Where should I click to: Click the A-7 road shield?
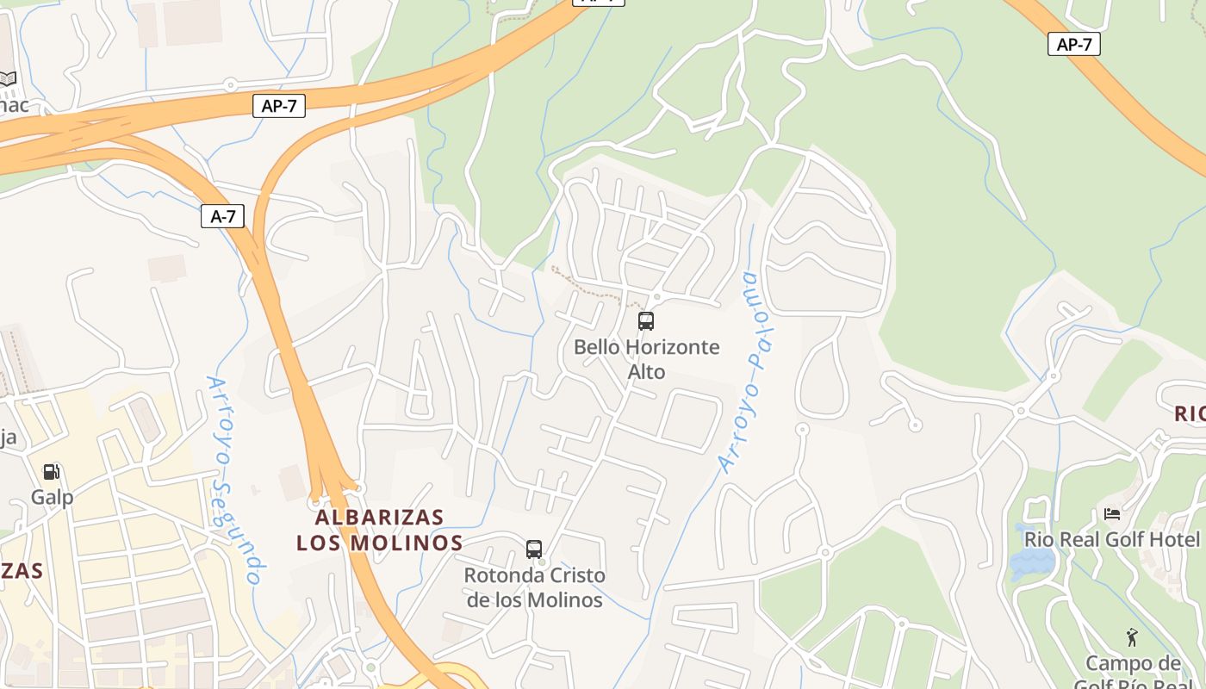tap(222, 216)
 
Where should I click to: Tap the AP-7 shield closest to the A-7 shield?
tap(279, 106)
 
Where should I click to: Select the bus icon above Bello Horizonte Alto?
tap(646, 321)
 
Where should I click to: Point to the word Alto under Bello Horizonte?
tap(646, 372)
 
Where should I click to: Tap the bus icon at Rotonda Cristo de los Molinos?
tap(534, 549)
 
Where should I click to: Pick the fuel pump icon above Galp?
tap(52, 472)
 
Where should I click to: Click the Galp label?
tap(53, 497)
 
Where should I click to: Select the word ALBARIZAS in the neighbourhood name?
tap(379, 518)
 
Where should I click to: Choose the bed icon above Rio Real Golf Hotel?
tap(1112, 514)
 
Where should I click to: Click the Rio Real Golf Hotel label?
tap(1111, 540)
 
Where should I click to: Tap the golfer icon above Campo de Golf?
tap(1132, 637)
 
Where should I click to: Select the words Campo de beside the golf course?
tap(1133, 664)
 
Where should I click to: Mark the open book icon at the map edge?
tap(8, 79)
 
